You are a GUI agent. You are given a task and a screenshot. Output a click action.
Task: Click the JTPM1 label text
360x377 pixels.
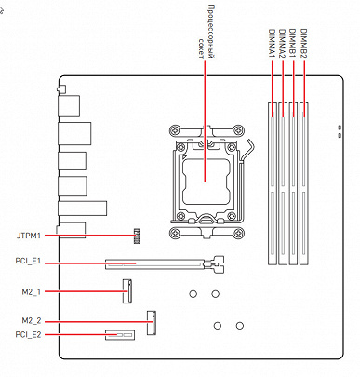[29, 236]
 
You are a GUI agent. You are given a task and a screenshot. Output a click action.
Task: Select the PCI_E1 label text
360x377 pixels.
[28, 261]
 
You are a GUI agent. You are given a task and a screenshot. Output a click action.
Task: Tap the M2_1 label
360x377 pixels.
[31, 292]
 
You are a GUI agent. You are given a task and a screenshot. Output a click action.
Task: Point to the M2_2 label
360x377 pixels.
[31, 320]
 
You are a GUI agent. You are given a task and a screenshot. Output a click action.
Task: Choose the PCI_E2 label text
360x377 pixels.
[28, 335]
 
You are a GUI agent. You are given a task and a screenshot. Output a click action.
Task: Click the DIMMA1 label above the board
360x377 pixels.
[272, 43]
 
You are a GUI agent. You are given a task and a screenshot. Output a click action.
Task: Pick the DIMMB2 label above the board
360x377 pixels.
[304, 43]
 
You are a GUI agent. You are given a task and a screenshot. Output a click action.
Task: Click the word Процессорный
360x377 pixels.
[211, 31]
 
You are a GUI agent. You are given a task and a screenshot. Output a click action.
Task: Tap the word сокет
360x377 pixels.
[201, 48]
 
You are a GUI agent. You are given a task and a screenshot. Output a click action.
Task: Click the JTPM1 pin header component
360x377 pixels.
[137, 236]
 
